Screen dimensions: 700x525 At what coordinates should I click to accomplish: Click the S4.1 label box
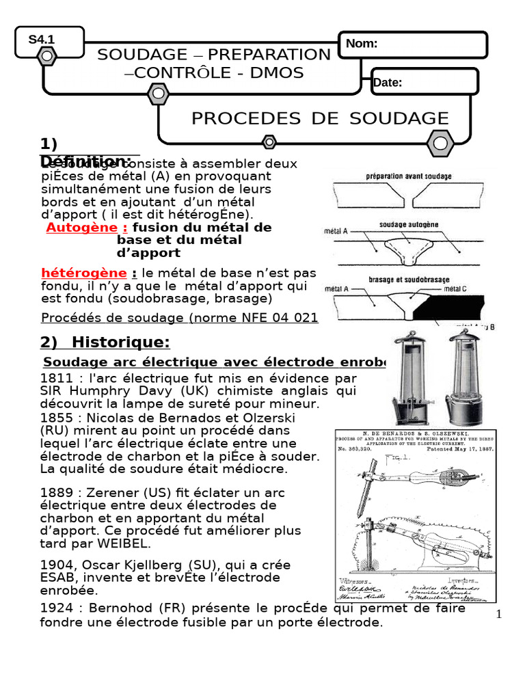41,40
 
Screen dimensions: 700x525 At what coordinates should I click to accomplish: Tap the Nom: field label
362,44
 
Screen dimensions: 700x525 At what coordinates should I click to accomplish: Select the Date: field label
388,83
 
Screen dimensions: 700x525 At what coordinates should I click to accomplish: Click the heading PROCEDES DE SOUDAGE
320,118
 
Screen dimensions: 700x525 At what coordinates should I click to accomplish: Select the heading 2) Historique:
105,342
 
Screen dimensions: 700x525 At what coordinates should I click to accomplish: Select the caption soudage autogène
409,225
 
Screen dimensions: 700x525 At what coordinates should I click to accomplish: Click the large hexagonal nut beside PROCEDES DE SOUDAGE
440,144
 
